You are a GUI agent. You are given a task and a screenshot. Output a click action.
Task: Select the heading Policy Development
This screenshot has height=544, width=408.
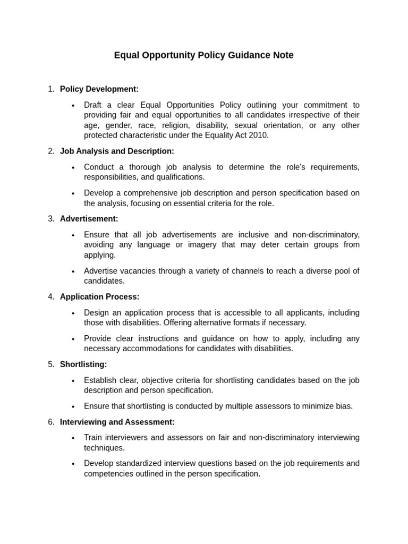click(x=99, y=89)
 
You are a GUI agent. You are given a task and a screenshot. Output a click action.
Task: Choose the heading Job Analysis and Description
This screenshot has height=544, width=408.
click(x=117, y=151)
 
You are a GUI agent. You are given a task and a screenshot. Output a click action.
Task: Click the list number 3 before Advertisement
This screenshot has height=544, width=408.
click(x=51, y=218)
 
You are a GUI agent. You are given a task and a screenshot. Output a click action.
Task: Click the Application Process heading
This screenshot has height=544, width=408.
click(x=99, y=296)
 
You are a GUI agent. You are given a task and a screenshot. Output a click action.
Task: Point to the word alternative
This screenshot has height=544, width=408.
click(x=226, y=322)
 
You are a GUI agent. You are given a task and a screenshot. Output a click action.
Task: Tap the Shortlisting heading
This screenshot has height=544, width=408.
click(x=83, y=364)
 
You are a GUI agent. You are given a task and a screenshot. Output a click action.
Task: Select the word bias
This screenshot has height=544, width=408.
click(x=343, y=406)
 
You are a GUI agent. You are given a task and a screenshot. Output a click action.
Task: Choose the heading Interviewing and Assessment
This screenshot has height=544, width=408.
click(x=117, y=422)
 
